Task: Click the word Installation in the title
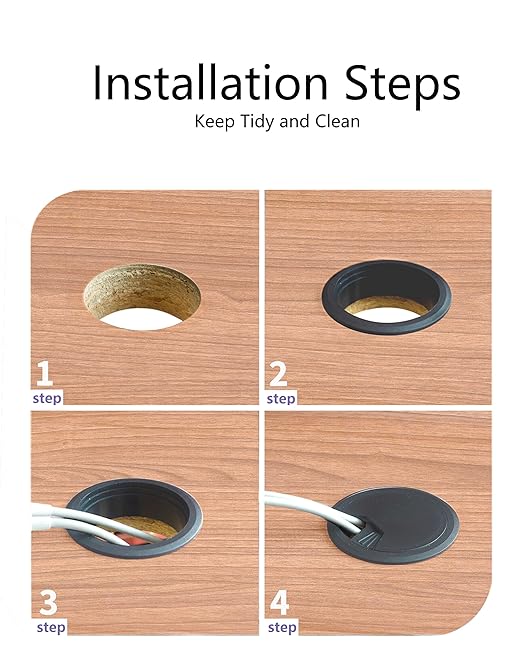[210, 82]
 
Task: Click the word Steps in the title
[402, 85]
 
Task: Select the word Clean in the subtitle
[337, 122]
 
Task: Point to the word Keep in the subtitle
[215, 122]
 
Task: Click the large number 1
[44, 374]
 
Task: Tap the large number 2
[278, 374]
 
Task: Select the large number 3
[48, 603]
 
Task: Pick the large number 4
[280, 603]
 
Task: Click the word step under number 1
[47, 398]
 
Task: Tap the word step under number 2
[281, 399]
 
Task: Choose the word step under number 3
[51, 627]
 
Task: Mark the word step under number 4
[282, 627]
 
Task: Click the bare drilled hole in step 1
[142, 297]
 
